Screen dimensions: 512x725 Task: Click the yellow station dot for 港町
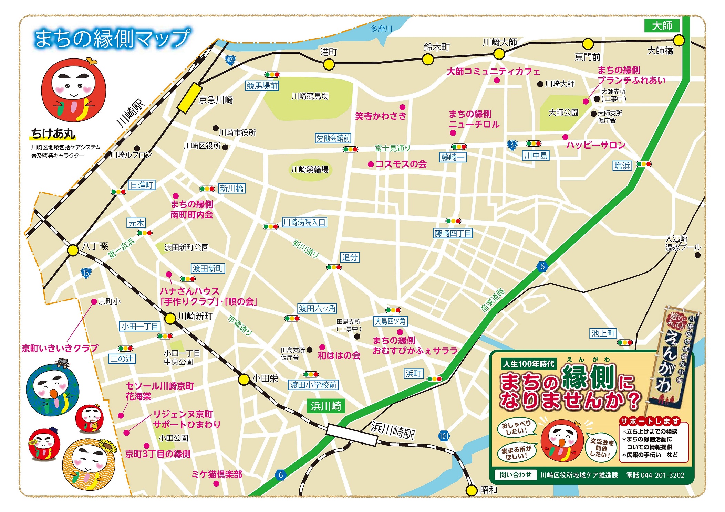(x=329, y=64)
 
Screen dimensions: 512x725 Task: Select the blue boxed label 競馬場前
(x=262, y=86)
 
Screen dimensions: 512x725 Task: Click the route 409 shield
(x=230, y=60)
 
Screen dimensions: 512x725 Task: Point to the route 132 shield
(x=512, y=145)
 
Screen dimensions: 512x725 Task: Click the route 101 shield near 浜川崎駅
(x=444, y=436)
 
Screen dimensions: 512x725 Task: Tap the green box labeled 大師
(x=662, y=26)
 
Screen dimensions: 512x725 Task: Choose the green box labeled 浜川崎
(x=326, y=406)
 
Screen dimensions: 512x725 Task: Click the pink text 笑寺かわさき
(x=381, y=116)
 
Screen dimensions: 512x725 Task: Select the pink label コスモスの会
(x=401, y=164)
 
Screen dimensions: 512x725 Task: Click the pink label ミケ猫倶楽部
(x=217, y=474)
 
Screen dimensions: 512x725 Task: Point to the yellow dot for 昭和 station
(x=471, y=490)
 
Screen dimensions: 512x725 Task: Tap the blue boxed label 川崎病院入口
(x=304, y=222)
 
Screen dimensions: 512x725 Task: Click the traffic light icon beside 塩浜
(x=643, y=164)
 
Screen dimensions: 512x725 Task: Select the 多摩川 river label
(x=381, y=29)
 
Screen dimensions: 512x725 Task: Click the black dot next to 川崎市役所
(x=216, y=128)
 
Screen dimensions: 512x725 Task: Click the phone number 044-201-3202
(x=655, y=475)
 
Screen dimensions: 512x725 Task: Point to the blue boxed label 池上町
(x=603, y=333)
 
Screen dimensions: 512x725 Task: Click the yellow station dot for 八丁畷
(x=73, y=250)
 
